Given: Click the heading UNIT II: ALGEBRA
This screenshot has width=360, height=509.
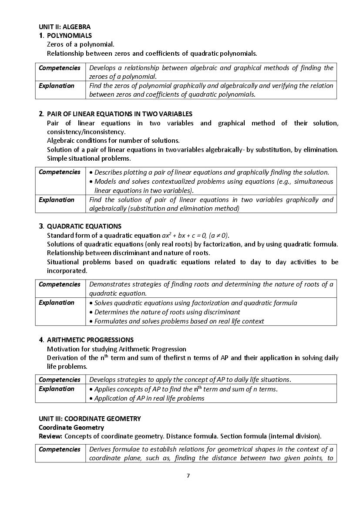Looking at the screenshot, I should click(64, 27).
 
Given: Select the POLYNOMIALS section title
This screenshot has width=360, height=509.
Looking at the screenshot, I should click(69, 36).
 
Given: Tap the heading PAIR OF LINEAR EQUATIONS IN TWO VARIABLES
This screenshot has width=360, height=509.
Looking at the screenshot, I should click(119, 114).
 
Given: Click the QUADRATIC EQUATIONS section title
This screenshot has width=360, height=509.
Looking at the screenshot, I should click(84, 226).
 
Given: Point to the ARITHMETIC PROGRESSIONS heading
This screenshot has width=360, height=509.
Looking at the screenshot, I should click(90, 340).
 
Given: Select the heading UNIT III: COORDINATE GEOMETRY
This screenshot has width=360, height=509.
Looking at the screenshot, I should click(90, 419).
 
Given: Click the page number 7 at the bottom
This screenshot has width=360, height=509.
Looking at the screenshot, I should click(188, 475).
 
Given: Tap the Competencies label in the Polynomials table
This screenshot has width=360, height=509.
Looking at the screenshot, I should click(60, 68).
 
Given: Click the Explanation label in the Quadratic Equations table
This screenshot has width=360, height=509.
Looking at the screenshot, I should click(57, 303).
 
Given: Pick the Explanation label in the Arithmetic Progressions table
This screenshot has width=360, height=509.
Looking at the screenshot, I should click(57, 389).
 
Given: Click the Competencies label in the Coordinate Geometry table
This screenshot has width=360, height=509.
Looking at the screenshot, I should click(60, 449).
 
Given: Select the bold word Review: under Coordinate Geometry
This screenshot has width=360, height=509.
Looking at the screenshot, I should click(50, 436).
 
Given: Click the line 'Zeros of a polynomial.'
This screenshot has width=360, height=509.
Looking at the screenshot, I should click(81, 44).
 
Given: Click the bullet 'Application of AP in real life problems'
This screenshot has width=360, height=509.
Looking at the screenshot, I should click(149, 398).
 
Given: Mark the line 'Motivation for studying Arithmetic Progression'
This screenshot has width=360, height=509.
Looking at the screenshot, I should click(116, 349).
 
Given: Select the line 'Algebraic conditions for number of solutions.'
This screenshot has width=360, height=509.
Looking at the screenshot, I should click(113, 141).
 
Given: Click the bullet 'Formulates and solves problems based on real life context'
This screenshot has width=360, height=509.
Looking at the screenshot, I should click(179, 321).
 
